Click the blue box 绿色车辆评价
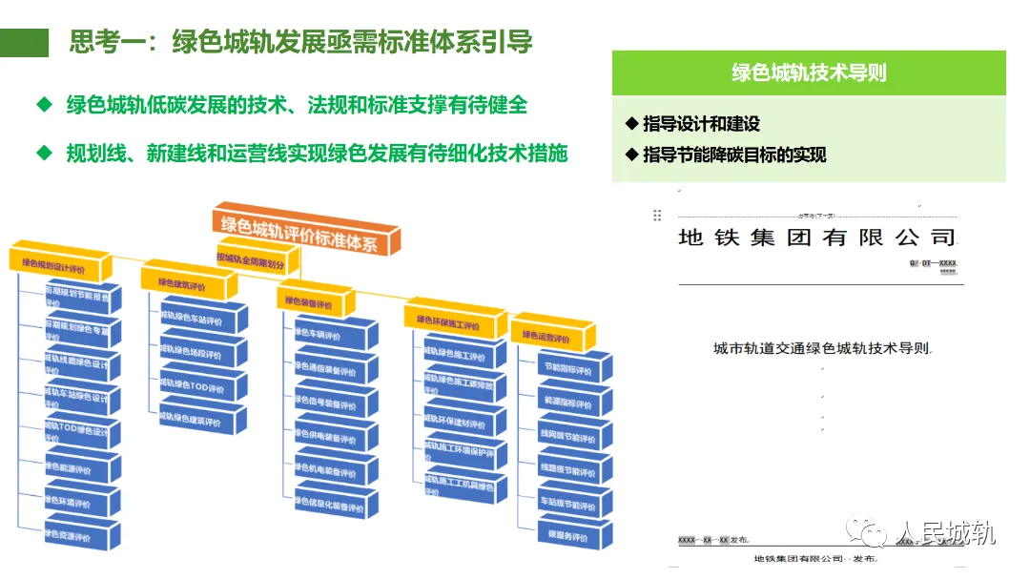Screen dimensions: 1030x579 click(x=324, y=336)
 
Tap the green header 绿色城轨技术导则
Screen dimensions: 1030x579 click(x=809, y=73)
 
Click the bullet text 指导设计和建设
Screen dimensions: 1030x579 click(x=701, y=125)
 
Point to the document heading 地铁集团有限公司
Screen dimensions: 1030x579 click(x=816, y=238)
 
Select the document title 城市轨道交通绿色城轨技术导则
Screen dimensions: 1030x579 click(x=821, y=349)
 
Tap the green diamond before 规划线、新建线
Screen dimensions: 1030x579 click(x=43, y=152)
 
